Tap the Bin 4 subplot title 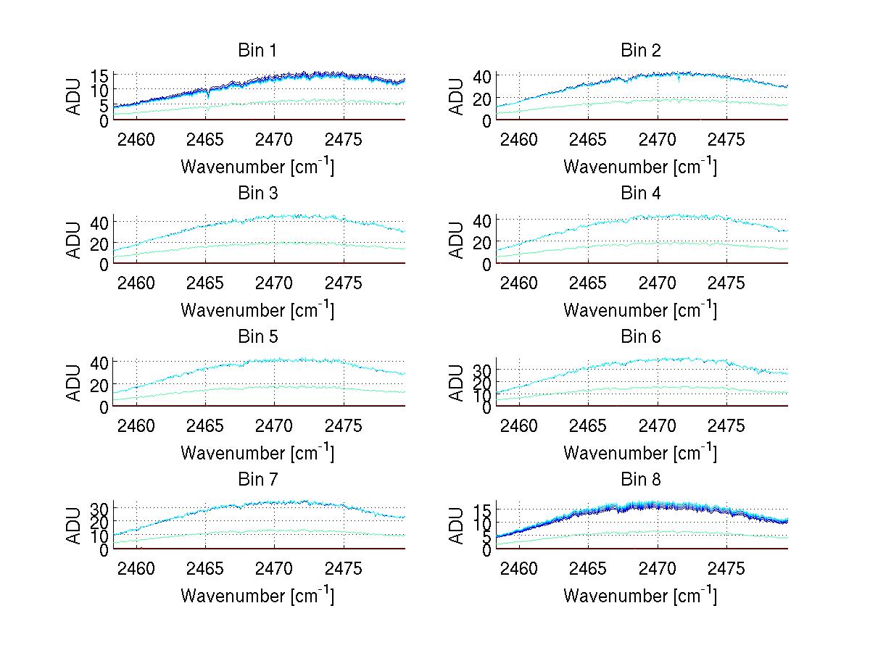click(641, 194)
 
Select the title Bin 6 click(641, 336)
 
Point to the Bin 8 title click(641, 479)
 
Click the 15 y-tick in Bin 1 click(100, 75)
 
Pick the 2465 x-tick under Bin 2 click(588, 138)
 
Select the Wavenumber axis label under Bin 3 click(257, 309)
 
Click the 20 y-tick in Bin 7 click(100, 521)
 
